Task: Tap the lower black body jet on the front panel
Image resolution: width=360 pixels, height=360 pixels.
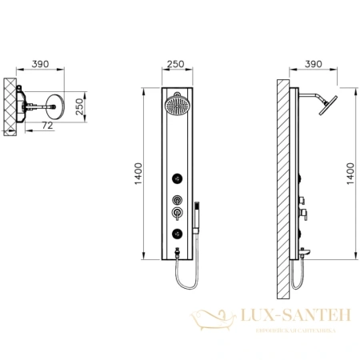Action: click(x=175, y=233)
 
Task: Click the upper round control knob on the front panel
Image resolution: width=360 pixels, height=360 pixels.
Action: click(x=175, y=200)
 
